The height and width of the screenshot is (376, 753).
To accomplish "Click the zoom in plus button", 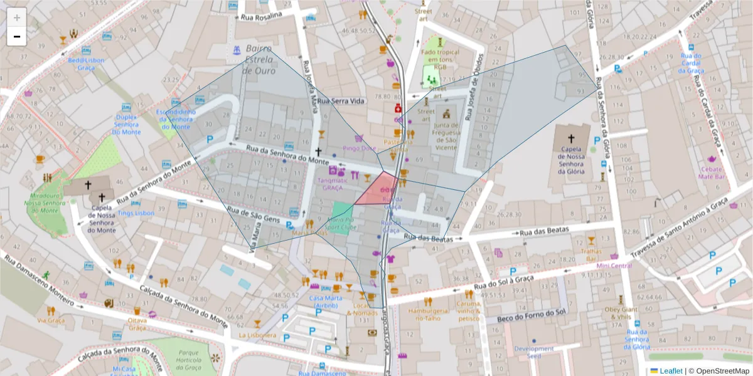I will [17, 17].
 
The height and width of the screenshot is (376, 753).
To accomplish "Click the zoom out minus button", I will [17, 36].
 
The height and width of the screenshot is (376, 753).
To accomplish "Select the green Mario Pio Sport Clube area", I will [343, 214].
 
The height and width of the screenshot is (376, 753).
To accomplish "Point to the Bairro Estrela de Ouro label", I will [259, 59].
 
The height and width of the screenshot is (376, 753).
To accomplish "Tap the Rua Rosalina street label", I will [261, 16].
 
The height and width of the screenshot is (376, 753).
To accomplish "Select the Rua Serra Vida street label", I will [340, 101].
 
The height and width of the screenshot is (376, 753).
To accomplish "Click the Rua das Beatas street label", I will [429, 238].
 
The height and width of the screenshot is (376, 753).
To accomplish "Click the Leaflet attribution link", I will [670, 371].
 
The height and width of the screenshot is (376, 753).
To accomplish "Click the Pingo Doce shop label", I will [359, 149].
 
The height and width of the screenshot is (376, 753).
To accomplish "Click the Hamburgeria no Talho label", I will [429, 314].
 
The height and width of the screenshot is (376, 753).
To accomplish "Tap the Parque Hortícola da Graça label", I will [188, 360].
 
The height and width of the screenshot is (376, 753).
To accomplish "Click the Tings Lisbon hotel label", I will [136, 213].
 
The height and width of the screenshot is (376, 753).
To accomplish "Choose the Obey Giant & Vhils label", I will [621, 313].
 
